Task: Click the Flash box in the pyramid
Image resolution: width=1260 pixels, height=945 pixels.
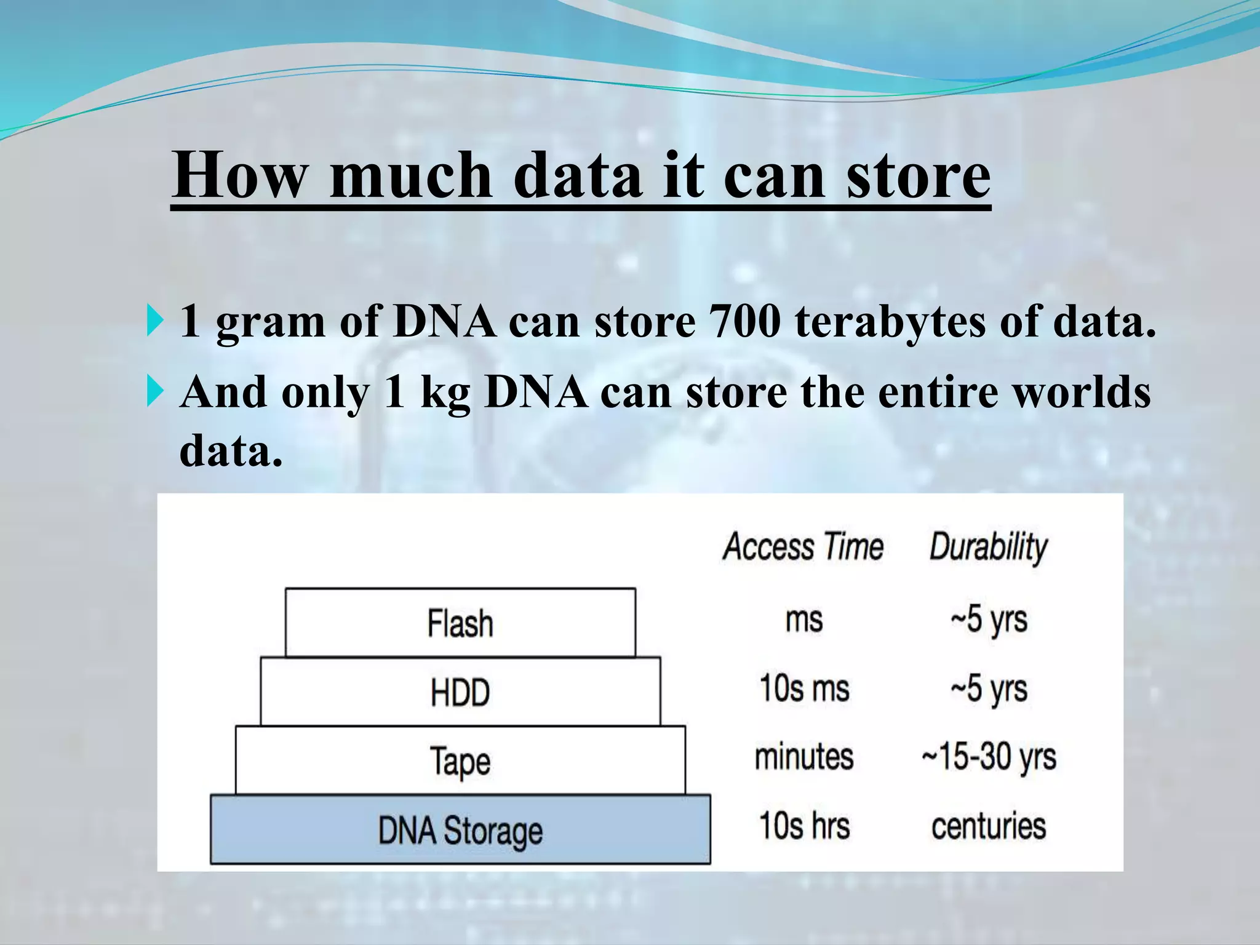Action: [460, 623]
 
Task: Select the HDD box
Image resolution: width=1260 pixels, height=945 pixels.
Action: [460, 692]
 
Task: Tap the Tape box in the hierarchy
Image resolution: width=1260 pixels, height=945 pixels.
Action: [460, 760]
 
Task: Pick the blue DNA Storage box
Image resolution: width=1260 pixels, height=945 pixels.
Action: [460, 830]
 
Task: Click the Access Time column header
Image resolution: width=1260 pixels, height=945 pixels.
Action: [803, 546]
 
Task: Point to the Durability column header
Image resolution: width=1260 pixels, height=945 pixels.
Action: [988, 546]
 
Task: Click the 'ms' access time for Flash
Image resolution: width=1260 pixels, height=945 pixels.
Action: [803, 620]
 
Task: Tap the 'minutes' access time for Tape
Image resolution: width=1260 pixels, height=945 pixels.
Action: [803, 757]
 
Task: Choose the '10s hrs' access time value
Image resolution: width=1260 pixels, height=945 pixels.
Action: [803, 826]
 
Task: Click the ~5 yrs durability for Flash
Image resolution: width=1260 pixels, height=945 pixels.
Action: [988, 620]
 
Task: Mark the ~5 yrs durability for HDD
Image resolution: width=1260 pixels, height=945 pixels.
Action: [988, 688]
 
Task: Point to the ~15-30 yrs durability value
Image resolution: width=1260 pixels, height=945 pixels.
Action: [988, 757]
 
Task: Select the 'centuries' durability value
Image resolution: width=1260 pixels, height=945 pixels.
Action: [988, 826]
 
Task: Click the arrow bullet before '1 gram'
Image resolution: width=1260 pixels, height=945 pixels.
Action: [154, 322]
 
